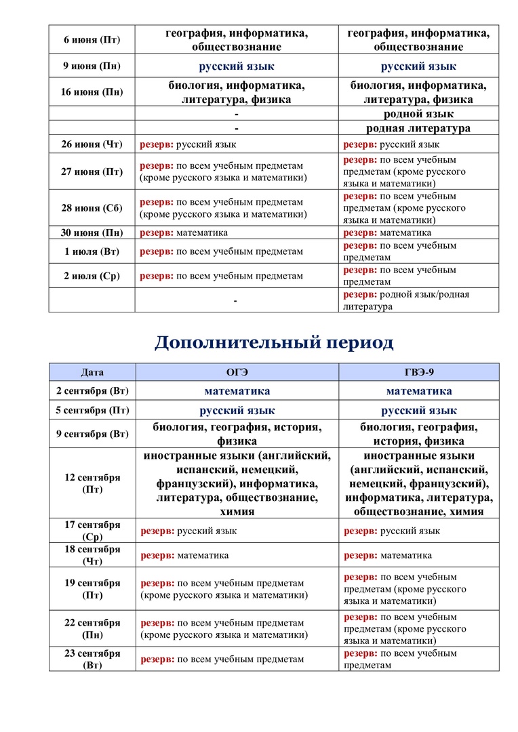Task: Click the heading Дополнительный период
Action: click(274, 342)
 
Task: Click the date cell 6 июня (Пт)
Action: click(92, 40)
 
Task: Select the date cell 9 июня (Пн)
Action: click(92, 66)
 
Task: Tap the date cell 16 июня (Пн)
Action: click(92, 92)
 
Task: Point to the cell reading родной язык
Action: click(418, 114)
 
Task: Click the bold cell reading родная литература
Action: click(418, 128)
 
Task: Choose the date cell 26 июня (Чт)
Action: click(92, 144)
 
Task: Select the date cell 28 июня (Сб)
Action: click(92, 208)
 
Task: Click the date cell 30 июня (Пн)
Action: click(92, 232)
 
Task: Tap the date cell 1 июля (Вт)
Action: click(92, 251)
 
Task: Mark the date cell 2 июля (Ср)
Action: click(92, 276)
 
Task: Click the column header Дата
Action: click(92, 372)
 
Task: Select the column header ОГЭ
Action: click(237, 372)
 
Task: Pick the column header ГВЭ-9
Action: click(418, 372)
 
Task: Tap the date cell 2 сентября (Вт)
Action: click(92, 391)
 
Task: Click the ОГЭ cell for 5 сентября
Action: click(237, 411)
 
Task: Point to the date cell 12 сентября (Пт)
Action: click(92, 483)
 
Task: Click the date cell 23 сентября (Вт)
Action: click(92, 659)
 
